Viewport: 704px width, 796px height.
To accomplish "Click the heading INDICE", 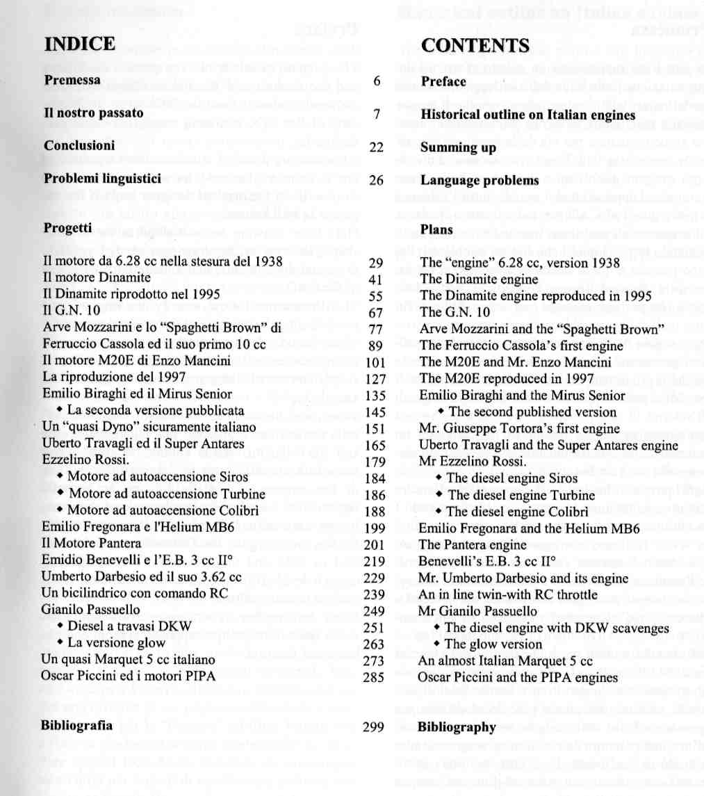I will (x=80, y=44).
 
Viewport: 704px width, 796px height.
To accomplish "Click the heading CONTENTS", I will (x=475, y=46).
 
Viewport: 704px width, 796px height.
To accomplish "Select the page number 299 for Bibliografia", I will (x=373, y=728).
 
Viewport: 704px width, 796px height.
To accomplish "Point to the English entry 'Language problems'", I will (x=480, y=181).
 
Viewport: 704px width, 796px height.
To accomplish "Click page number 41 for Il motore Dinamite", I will (x=376, y=279).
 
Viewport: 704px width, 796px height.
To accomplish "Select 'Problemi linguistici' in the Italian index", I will (x=102, y=179).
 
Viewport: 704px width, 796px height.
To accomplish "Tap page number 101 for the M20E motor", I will (x=374, y=362).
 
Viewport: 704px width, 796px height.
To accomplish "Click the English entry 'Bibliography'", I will (x=457, y=728).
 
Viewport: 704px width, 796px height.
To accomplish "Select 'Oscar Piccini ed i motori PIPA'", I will (x=128, y=676).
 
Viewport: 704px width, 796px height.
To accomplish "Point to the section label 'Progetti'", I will (x=67, y=228).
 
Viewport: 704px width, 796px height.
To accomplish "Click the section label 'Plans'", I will (x=436, y=229).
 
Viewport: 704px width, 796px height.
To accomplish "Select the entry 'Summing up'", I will (x=458, y=148).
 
